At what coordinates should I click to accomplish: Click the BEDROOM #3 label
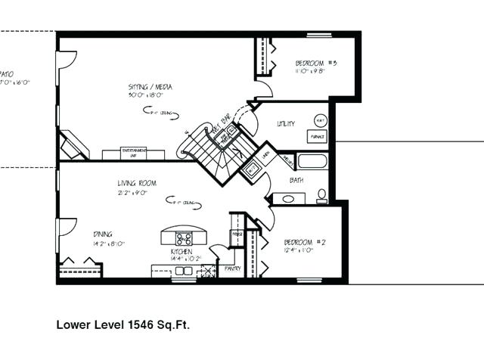click(310, 62)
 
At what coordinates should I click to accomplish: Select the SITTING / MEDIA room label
click(150, 87)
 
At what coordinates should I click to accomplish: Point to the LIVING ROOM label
click(136, 183)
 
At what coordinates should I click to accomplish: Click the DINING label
click(103, 234)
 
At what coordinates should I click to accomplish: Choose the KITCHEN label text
click(181, 251)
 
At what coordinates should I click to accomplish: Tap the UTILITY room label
click(286, 123)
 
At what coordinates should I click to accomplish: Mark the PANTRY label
click(232, 268)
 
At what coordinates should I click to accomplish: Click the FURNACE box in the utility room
click(317, 137)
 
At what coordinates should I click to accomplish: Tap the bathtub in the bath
click(312, 161)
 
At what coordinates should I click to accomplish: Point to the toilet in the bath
click(322, 195)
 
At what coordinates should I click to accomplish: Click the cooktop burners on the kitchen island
click(184, 238)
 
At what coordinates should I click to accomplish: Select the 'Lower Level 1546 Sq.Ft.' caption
click(123, 325)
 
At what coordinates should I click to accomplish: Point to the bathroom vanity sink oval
click(288, 200)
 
